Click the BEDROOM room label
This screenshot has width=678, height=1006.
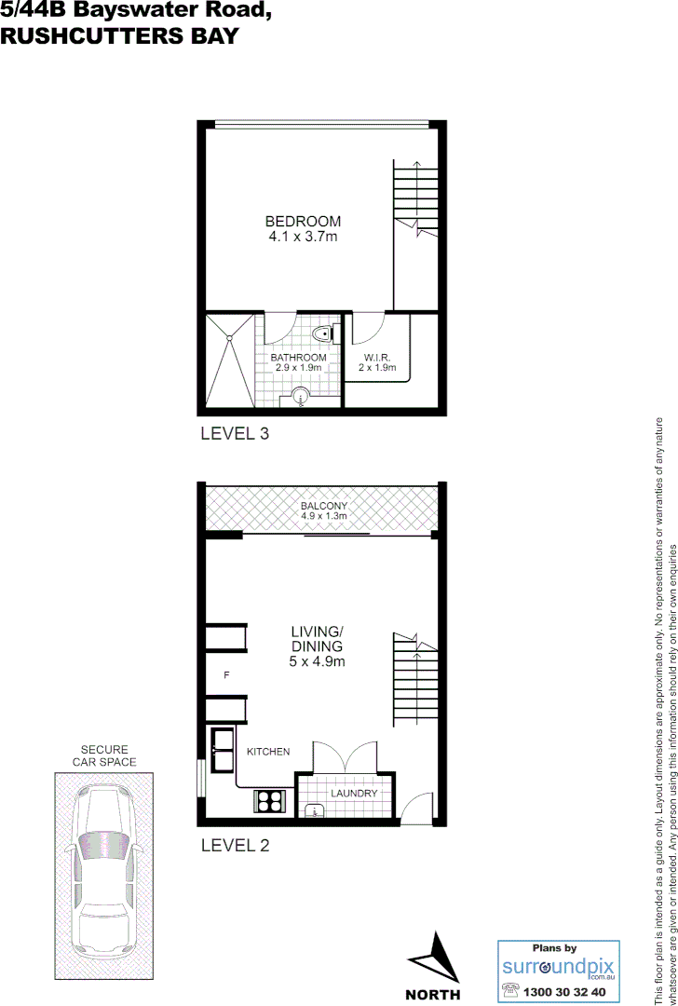tap(303, 222)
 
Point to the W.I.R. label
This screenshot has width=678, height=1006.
tap(376, 358)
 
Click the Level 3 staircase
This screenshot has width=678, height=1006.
tap(415, 197)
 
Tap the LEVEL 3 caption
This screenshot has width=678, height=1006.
tap(235, 433)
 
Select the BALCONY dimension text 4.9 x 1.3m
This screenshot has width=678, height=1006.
tap(323, 516)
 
